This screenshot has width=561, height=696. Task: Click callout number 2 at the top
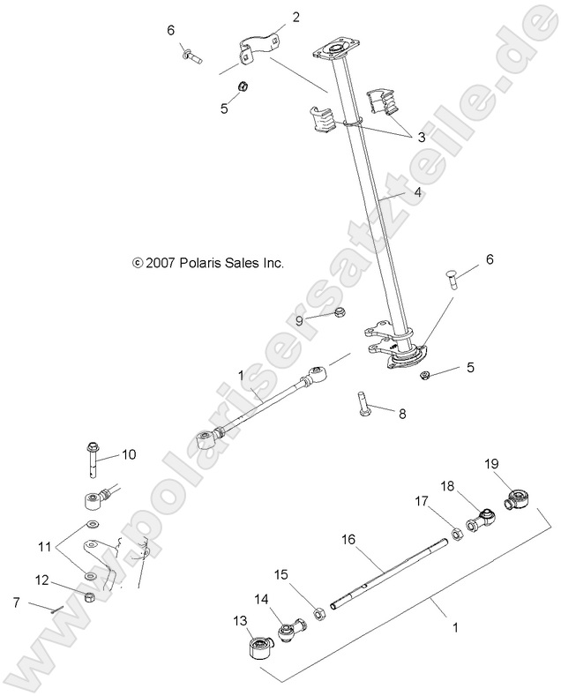[295, 17]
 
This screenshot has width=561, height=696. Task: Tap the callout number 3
[421, 137]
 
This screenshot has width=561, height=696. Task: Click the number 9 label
[299, 321]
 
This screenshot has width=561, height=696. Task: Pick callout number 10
[129, 455]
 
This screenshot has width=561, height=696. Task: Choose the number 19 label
[492, 462]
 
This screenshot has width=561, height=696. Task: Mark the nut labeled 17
[447, 532]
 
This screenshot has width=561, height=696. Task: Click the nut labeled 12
[90, 597]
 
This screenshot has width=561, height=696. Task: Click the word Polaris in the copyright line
[203, 262]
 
